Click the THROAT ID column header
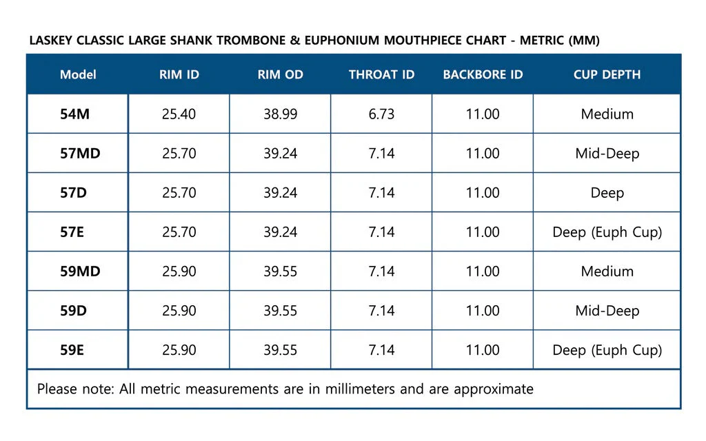[381, 74]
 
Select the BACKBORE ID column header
[483, 74]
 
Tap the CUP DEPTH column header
[607, 74]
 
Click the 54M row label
[74, 114]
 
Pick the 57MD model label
[80, 154]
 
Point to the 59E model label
[72, 350]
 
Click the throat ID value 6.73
[381, 114]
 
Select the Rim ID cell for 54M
[179, 114]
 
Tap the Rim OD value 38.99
[280, 114]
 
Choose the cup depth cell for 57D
[607, 194]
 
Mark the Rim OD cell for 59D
[280, 311]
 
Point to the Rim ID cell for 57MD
[179, 154]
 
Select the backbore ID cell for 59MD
[483, 271]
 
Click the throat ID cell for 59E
[381, 350]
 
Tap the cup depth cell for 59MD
[607, 271]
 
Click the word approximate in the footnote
[494, 390]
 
